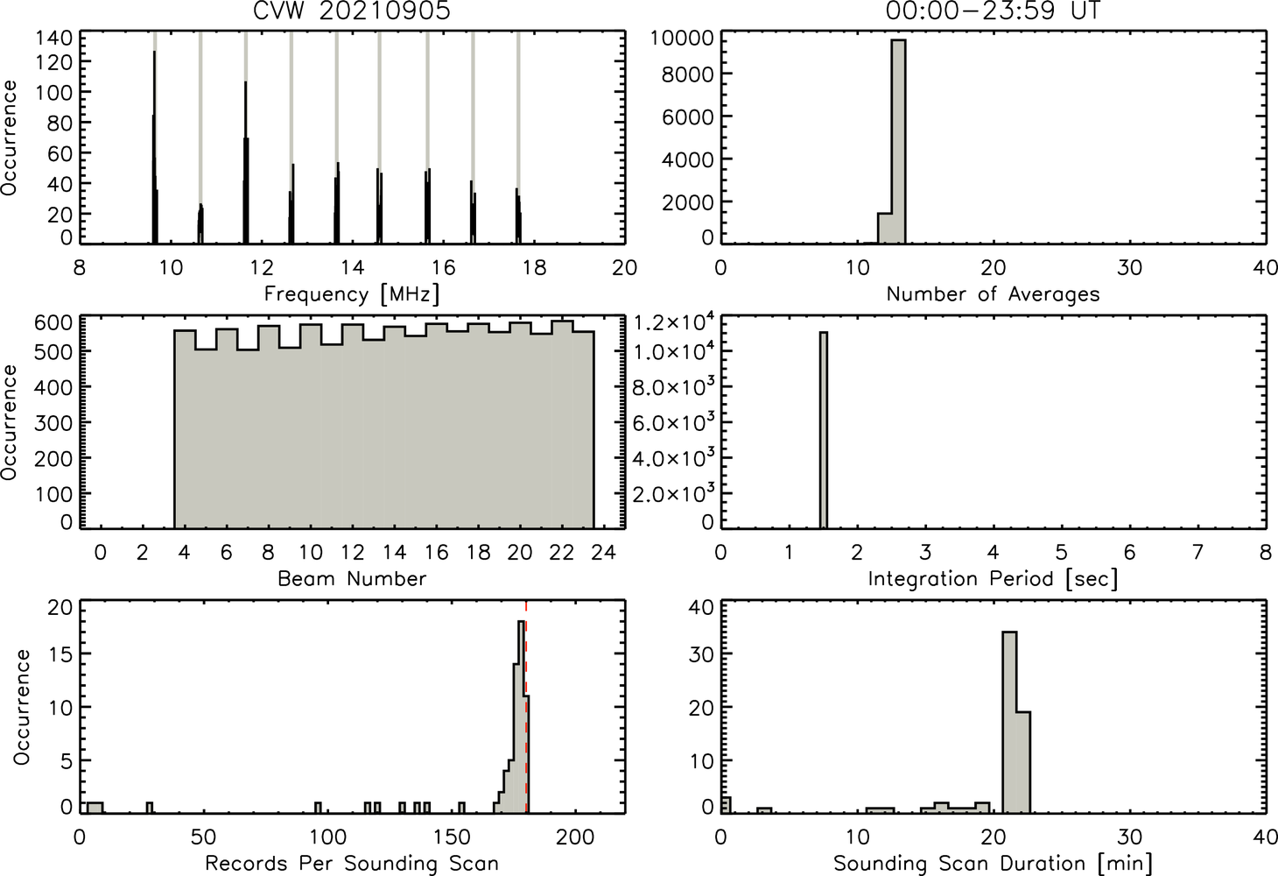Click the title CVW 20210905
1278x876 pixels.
coord(352,11)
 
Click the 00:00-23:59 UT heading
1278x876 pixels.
coord(993,11)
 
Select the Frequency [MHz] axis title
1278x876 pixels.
coord(352,294)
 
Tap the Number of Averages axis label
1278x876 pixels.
coord(994,294)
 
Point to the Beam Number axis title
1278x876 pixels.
coord(352,578)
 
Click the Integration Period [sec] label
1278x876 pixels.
coord(994,579)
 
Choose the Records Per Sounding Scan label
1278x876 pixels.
coord(352,863)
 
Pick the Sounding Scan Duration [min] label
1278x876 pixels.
coord(994,864)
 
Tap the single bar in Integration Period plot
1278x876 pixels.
coord(824,430)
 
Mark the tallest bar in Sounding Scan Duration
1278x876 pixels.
coord(1009,722)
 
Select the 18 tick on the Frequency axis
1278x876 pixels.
coord(535,268)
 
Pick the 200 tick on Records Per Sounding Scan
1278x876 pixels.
coord(575,837)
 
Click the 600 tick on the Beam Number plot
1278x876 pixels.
coord(53,322)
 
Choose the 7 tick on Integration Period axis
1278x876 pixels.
coord(1197,552)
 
